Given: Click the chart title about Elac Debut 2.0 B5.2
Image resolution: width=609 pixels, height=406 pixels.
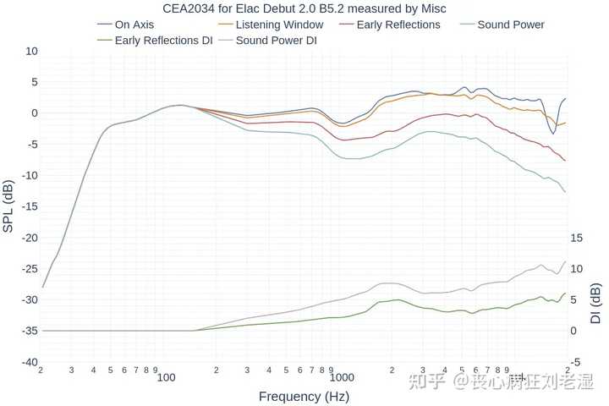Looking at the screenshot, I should tap(304, 8).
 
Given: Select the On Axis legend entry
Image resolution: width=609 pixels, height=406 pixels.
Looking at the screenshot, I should tap(134, 25).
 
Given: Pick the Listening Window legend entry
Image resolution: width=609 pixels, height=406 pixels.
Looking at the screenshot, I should tap(279, 25).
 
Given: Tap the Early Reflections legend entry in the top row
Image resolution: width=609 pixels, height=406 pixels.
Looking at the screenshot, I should tap(398, 25).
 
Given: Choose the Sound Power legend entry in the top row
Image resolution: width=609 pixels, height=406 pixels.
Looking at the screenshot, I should tap(511, 25).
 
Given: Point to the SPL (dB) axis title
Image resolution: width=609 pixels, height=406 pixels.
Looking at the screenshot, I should tap(8, 206).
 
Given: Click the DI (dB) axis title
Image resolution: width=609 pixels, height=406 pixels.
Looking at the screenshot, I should tap(595, 304).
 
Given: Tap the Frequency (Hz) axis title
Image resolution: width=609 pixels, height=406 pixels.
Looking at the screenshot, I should tap(304, 396).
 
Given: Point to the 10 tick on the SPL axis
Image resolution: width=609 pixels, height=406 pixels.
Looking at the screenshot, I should tap(32, 52).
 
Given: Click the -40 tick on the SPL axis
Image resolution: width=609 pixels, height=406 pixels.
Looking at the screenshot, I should tap(30, 362).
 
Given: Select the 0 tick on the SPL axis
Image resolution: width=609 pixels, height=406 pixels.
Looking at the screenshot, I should tap(35, 113).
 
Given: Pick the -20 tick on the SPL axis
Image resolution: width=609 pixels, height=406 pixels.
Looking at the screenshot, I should tap(30, 238).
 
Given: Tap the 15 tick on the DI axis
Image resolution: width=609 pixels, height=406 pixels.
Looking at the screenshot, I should tap(577, 238).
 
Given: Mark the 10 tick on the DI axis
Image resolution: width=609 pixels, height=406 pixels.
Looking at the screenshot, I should tap(577, 269).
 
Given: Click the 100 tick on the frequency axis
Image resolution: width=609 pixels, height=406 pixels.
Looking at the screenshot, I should tap(167, 376).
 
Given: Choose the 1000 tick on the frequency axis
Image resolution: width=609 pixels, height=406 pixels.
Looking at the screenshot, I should tap(344, 376).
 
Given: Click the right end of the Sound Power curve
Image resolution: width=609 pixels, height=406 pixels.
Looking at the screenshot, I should tap(566, 192).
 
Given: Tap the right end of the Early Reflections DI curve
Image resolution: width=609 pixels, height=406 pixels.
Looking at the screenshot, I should tap(566, 294).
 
